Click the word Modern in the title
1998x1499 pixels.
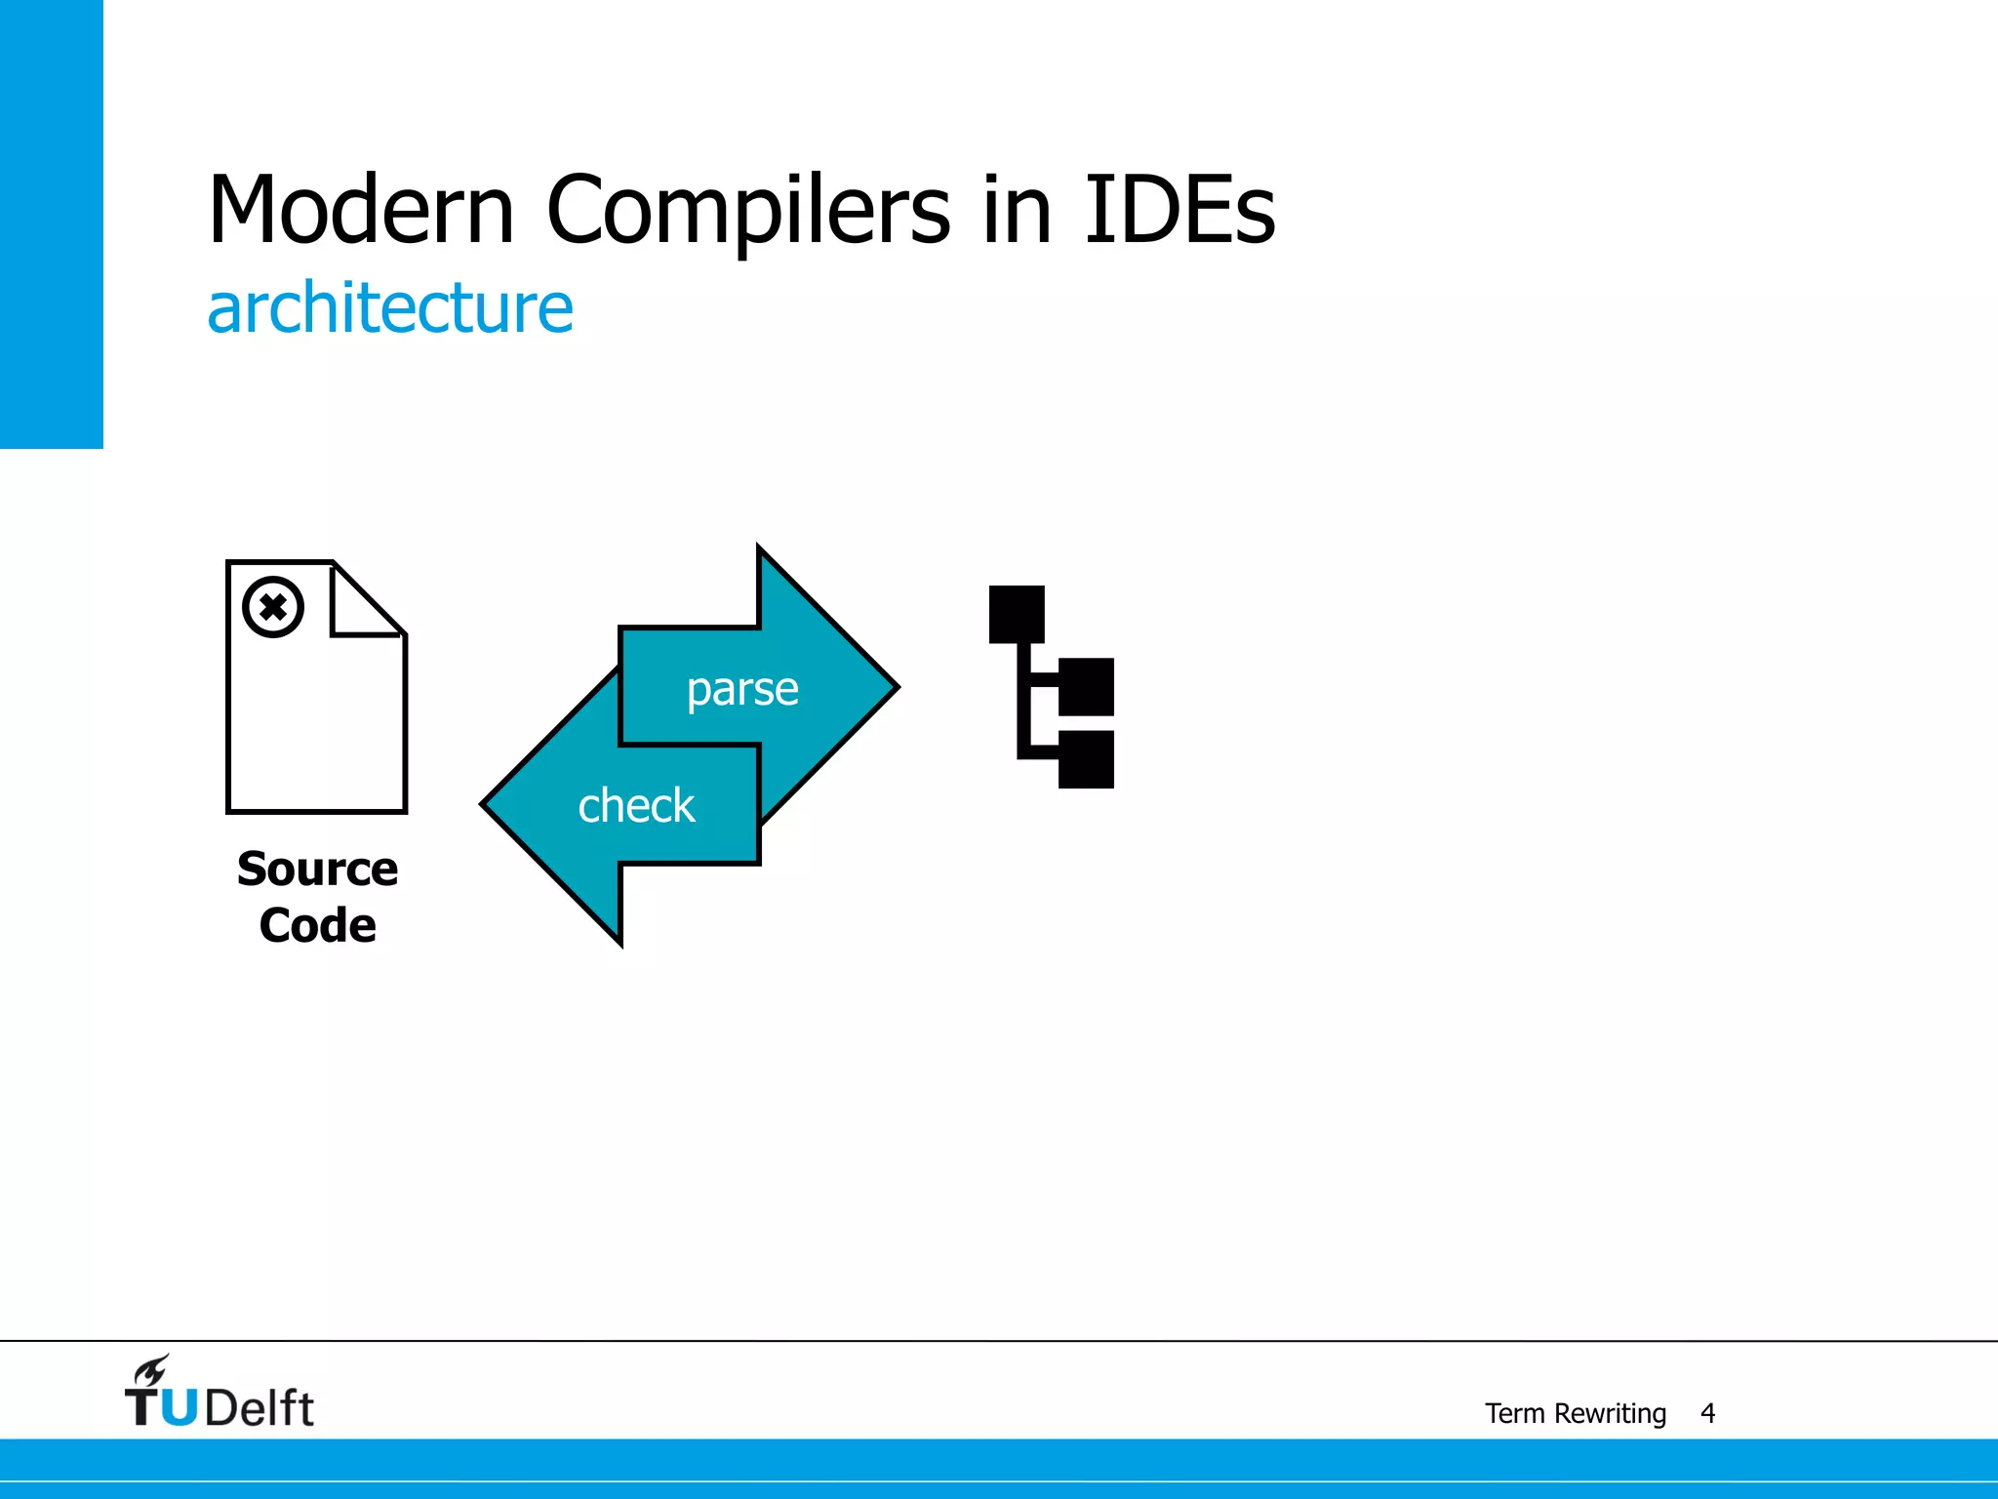click(361, 210)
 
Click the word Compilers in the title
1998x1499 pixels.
click(747, 210)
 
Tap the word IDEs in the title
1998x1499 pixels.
click(1179, 210)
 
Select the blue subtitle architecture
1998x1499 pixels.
click(390, 308)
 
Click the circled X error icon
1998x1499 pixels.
click(273, 607)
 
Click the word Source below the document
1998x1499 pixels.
click(317, 869)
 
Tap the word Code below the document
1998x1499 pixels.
click(317, 925)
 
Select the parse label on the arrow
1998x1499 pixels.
click(742, 689)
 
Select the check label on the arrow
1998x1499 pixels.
click(636, 806)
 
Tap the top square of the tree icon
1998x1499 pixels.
click(1017, 614)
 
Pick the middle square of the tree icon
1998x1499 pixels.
click(1086, 686)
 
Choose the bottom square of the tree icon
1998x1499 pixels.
click(1086, 758)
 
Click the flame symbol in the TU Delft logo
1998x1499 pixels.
click(151, 1370)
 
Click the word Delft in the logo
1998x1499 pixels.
click(260, 1408)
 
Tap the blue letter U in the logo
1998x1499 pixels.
click(179, 1408)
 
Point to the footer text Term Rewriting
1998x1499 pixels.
click(1575, 1413)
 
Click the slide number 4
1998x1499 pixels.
click(1707, 1413)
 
